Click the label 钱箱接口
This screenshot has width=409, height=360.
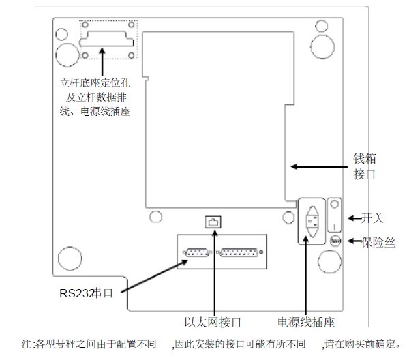(365, 166)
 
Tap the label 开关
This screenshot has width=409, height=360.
(373, 218)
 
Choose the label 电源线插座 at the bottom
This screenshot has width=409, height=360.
(306, 321)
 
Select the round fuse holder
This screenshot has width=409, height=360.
(335, 241)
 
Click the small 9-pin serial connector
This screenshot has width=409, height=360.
(198, 252)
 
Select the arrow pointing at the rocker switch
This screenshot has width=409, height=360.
(354, 218)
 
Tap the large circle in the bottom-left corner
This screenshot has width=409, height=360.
(70, 258)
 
